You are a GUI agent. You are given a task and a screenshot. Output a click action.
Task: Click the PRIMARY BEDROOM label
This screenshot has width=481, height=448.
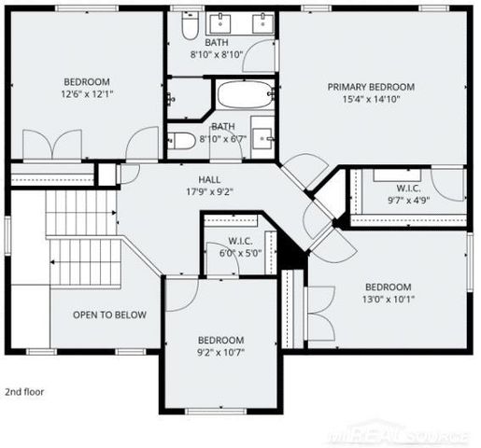[370, 87]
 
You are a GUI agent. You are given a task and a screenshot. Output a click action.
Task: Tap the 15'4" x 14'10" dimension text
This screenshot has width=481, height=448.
[370, 100]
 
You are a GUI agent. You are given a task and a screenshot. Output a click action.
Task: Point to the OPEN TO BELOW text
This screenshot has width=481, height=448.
[109, 315]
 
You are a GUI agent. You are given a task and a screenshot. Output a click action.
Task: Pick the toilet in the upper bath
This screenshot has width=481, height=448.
[187, 29]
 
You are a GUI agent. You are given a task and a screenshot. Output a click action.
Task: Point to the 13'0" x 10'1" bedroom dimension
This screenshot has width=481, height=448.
[388, 300]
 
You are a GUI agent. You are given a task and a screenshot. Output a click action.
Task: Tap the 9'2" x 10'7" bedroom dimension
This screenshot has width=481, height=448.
[220, 353]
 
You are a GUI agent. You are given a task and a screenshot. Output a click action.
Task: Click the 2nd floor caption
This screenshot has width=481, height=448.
[24, 392]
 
